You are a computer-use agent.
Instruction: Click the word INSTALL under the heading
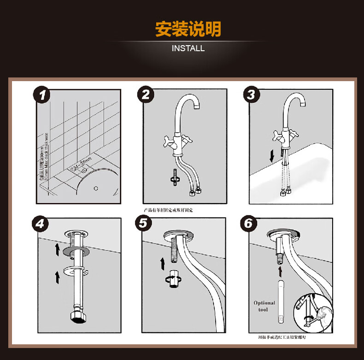pos(188,48)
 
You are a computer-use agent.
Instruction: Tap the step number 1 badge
pos(42,95)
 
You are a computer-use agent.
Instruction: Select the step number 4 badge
pos(42,224)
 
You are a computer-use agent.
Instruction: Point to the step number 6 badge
pos(249,224)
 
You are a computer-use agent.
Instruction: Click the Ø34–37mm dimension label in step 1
pos(80,164)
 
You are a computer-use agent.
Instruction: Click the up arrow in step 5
pos(162,264)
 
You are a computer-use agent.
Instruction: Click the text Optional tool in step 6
pos(264,306)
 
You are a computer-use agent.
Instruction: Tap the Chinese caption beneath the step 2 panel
pos(169,210)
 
